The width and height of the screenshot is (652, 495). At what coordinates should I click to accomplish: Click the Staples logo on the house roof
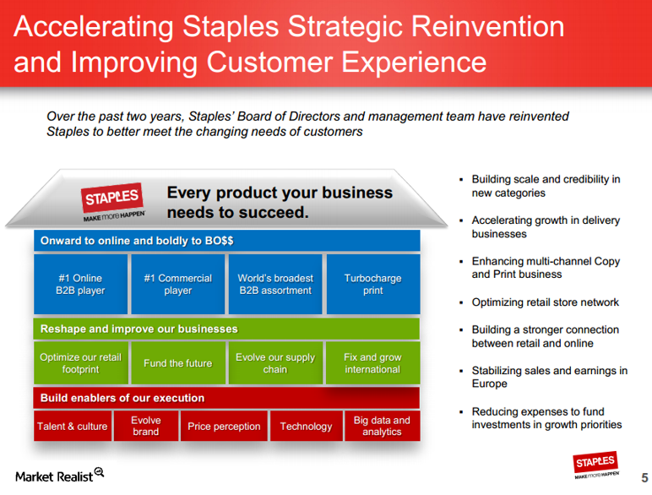pyautogui.click(x=113, y=202)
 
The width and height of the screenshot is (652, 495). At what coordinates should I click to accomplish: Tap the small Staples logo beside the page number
pyautogui.click(x=596, y=465)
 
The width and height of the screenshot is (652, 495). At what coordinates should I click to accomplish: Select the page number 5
pyautogui.click(x=644, y=477)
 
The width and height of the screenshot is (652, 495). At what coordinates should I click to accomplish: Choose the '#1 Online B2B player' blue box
pyautogui.click(x=81, y=284)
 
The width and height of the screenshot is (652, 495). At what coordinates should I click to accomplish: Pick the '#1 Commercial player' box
pyautogui.click(x=178, y=284)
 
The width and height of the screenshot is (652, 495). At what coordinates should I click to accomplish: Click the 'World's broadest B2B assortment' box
pyautogui.click(x=275, y=284)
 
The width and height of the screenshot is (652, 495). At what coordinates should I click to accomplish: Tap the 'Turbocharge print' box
pyautogui.click(x=373, y=284)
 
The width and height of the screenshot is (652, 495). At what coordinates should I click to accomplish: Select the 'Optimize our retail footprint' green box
pyautogui.click(x=81, y=363)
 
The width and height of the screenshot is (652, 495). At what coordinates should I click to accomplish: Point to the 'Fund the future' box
pyautogui.click(x=178, y=363)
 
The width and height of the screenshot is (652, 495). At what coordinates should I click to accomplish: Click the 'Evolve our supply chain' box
pyautogui.click(x=275, y=363)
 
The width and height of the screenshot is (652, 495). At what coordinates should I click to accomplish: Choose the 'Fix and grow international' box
pyautogui.click(x=373, y=363)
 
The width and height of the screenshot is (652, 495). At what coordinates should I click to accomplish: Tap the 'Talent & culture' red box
pyautogui.click(x=73, y=426)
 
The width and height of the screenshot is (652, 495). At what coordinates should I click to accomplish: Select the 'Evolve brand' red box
pyautogui.click(x=146, y=426)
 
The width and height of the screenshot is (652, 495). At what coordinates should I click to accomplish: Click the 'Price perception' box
pyautogui.click(x=224, y=426)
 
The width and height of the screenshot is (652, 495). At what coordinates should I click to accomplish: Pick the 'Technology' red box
pyautogui.click(x=307, y=426)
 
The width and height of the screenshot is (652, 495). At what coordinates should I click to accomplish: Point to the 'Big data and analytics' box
pyautogui.click(x=382, y=426)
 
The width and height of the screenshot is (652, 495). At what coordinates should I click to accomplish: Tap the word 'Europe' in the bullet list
pyautogui.click(x=489, y=383)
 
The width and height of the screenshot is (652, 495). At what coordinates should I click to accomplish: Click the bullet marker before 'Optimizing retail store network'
pyautogui.click(x=461, y=302)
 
